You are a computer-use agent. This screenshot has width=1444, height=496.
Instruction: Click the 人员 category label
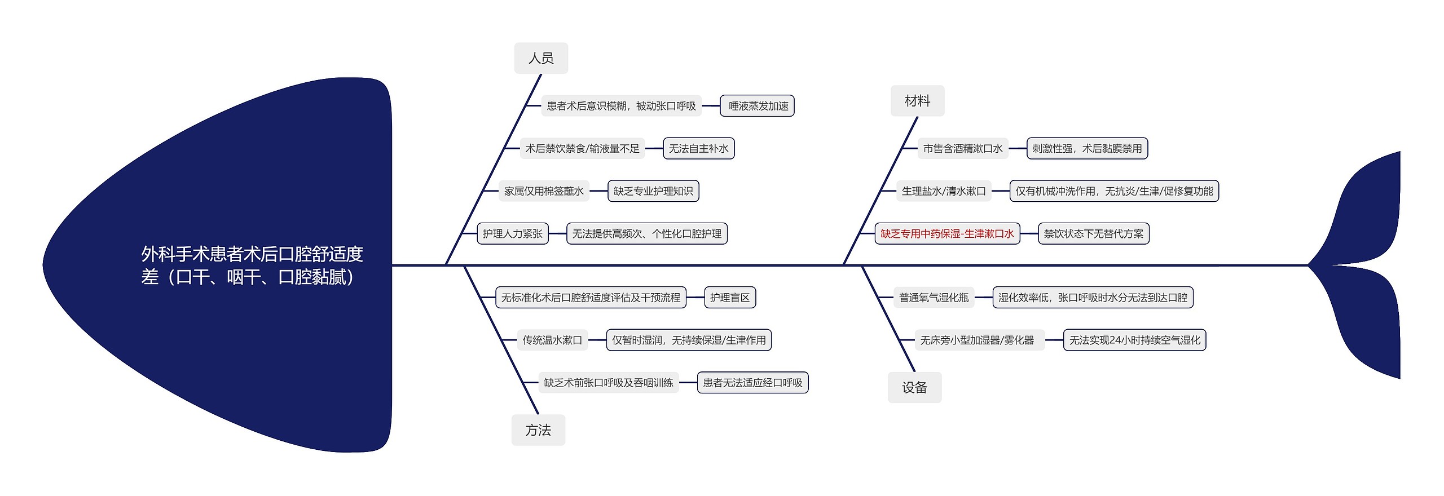click(540, 58)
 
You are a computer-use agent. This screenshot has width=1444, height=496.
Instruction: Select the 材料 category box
click(917, 101)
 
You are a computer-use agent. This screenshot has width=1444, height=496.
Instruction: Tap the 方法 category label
click(538, 430)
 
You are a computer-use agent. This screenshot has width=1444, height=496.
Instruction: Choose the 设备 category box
click(914, 387)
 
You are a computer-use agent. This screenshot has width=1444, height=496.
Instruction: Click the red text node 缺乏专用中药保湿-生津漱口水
click(947, 233)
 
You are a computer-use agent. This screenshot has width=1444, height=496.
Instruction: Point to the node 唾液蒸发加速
click(758, 106)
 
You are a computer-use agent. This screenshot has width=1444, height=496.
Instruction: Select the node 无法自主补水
click(698, 148)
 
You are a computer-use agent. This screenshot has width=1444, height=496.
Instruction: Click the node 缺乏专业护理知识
click(653, 191)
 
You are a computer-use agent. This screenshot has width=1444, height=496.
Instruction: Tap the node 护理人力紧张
click(512, 233)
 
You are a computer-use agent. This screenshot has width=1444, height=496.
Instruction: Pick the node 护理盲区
click(729, 298)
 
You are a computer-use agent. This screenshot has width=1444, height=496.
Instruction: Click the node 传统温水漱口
click(552, 340)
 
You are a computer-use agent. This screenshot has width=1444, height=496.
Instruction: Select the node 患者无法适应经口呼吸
click(752, 383)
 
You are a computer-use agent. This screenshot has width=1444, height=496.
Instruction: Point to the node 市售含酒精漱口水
click(962, 148)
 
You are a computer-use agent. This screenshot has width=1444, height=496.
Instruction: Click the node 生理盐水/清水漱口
click(944, 191)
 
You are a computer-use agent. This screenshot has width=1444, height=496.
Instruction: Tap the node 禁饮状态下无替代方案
click(1093, 233)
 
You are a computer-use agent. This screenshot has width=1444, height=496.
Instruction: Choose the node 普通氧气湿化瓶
click(934, 298)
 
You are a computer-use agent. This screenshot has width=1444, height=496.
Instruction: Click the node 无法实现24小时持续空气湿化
click(1134, 340)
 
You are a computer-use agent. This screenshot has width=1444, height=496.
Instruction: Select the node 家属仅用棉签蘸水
click(544, 191)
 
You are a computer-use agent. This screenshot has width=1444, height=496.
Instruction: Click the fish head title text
click(252, 265)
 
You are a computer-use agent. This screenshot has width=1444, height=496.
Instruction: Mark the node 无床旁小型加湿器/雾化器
click(977, 340)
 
